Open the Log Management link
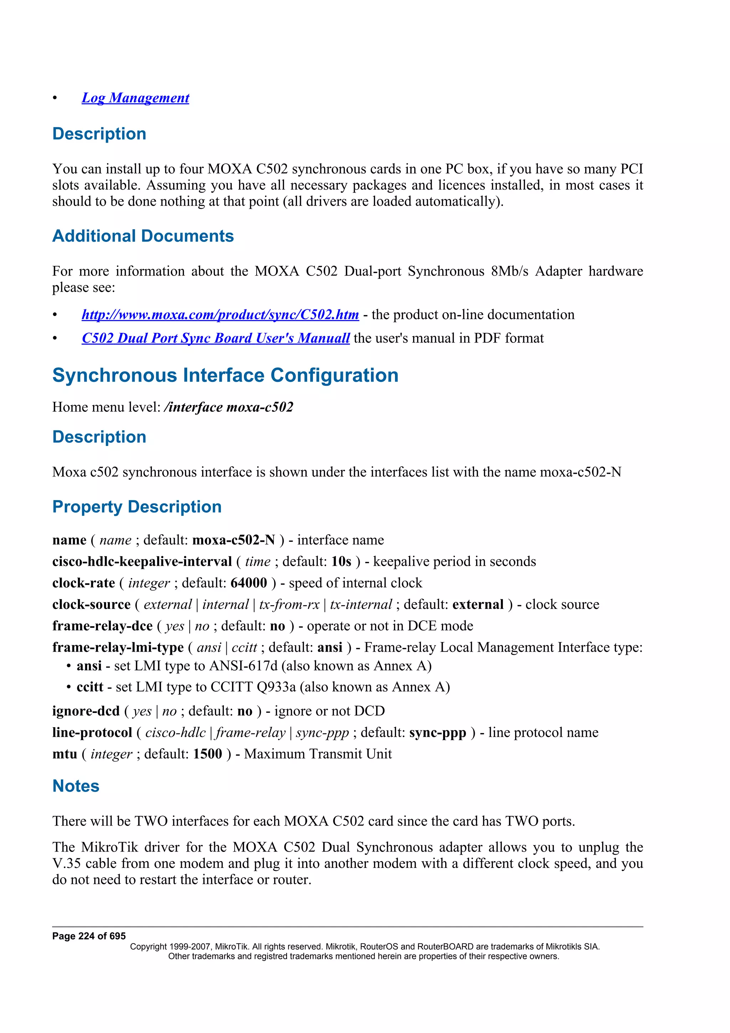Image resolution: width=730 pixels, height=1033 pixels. pos(135,98)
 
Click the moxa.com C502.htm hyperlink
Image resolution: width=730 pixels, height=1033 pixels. pos(220,314)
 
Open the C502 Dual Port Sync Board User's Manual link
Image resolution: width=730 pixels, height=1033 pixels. pos(215,338)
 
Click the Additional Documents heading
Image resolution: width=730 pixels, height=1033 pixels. pos(143,236)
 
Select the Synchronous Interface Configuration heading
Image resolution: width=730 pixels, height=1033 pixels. pos(225,375)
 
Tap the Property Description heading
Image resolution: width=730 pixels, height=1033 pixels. pos(137,507)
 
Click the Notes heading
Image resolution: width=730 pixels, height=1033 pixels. pos(76,786)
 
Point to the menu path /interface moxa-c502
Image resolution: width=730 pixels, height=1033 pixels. pos(228,407)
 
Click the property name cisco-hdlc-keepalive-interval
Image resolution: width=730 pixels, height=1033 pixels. pos(142,561)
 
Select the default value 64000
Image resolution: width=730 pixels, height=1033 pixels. pos(249,583)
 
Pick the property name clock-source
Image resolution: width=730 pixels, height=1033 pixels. pos(91,605)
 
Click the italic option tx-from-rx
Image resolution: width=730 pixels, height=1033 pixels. pos(289,605)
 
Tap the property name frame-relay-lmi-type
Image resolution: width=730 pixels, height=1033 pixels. pos(118,647)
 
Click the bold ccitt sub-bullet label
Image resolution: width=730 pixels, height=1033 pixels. pos(90,687)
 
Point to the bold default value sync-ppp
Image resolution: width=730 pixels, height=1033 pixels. pos(437,733)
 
